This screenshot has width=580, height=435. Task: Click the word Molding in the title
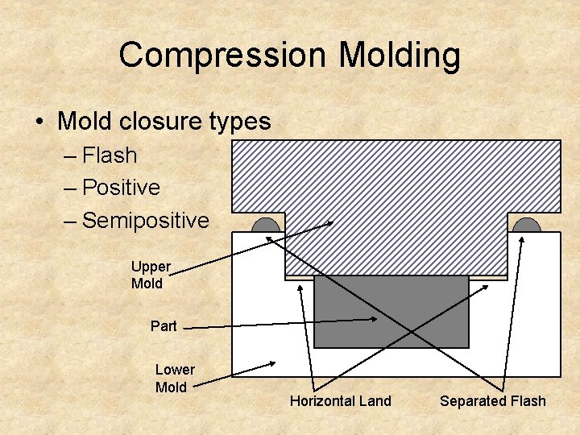coord(400,56)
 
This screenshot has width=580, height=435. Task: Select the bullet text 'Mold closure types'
coord(164,122)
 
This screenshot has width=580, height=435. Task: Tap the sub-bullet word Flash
coord(110,155)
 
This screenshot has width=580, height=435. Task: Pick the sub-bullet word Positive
coord(121,188)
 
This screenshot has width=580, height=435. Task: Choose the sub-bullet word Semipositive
coord(145,220)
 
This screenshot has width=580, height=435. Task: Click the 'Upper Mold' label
coord(151,275)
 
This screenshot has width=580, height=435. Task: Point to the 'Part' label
coord(164,326)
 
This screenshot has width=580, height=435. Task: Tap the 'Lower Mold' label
coord(174,378)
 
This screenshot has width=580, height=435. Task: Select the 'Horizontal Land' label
coord(340,400)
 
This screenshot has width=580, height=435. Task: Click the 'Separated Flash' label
coord(492,400)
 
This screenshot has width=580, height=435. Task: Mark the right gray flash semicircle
coord(527,225)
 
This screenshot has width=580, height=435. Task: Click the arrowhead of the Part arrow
coord(375,320)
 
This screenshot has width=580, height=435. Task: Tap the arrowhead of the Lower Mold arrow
coord(273,363)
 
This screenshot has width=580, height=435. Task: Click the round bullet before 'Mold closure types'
coord(39,122)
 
